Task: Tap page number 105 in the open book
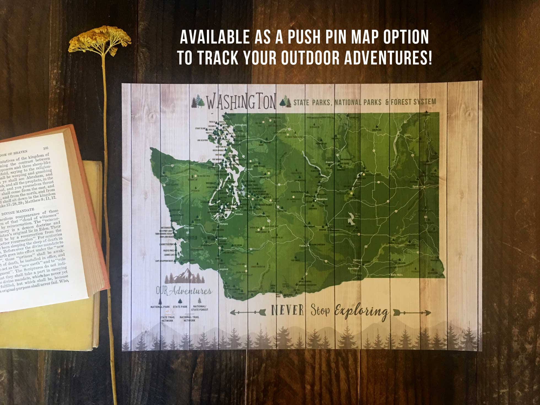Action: (45, 148)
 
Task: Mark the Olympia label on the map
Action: (223, 224)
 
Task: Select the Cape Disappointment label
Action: (164, 261)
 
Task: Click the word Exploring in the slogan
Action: (361, 312)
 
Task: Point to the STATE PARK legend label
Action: (180, 307)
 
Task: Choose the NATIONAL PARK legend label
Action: (160, 307)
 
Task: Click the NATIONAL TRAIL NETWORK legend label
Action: (189, 319)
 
